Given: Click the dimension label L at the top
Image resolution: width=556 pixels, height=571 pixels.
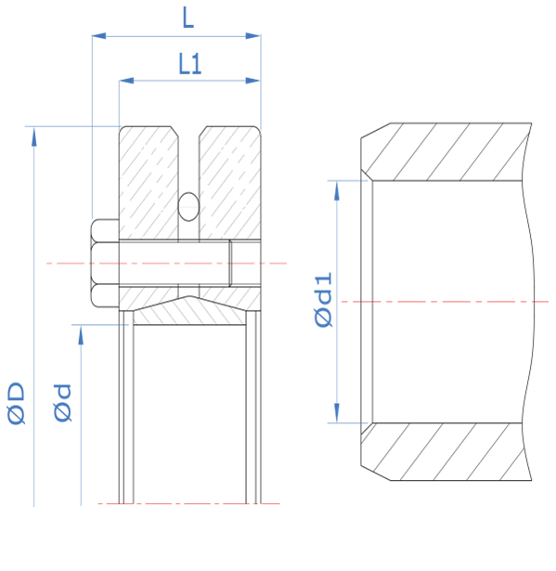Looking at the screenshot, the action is click(x=187, y=18).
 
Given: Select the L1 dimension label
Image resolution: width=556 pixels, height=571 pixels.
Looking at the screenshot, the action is click(x=189, y=64).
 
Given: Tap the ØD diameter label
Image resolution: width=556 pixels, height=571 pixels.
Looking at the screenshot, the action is click(x=17, y=403).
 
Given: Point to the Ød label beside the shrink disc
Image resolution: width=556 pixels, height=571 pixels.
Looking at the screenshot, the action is click(x=62, y=403).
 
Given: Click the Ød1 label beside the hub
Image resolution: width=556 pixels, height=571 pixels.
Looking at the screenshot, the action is click(x=323, y=300).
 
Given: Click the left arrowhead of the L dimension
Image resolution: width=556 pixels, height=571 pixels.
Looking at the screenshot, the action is click(x=98, y=35).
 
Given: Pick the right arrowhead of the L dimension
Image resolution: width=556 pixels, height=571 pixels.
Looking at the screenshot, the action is click(x=253, y=35).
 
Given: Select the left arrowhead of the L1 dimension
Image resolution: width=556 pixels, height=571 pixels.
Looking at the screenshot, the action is click(x=126, y=81).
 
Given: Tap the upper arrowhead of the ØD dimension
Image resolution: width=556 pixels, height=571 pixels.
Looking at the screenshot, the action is click(x=34, y=136).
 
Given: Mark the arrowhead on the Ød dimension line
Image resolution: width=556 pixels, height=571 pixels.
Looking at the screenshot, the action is click(x=81, y=334).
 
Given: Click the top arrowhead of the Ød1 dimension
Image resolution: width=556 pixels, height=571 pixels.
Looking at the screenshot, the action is click(x=337, y=190).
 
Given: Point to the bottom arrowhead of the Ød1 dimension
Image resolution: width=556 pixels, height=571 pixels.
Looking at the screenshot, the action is click(x=337, y=413).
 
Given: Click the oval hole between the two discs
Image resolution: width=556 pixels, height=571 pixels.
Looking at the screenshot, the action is click(x=188, y=206).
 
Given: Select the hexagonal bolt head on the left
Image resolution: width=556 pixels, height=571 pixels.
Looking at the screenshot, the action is click(x=105, y=263).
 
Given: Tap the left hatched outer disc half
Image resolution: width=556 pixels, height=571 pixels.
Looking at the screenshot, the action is click(x=149, y=183).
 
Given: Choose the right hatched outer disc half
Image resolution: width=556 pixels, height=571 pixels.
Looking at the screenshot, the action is click(x=230, y=183).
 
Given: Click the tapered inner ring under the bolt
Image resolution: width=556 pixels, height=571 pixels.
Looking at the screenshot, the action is click(x=189, y=311).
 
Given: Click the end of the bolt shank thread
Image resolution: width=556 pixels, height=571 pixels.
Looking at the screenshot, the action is click(x=230, y=263).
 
